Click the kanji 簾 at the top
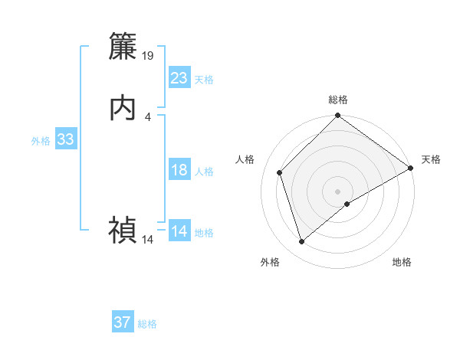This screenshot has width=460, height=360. tap(123, 47)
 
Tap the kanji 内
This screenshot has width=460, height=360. tap(123, 108)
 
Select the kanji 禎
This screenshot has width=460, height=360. tap(123, 230)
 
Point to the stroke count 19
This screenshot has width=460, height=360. tap(148, 56)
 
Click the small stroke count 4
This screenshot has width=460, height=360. tap(147, 116)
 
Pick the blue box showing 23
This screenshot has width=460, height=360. tap(179, 78)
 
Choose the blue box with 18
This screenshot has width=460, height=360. tap(179, 170)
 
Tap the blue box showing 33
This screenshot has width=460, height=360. tap(65, 139)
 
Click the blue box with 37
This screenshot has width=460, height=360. tap(123, 322)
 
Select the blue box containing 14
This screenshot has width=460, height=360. tap(179, 231)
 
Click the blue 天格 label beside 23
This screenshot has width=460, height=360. tap(203, 80)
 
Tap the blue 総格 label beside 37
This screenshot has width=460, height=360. tap(147, 324)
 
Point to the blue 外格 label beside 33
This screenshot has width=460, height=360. tap(41, 141)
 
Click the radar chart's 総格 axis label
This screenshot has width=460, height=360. tap(337, 100)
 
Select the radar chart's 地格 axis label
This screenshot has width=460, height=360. tap(402, 262)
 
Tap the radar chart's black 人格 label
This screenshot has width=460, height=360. tap(245, 159)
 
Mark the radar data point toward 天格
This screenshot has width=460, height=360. tap(410, 168)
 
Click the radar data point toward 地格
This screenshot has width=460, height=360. tap(347, 204)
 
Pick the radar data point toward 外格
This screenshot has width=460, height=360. tap(301, 242)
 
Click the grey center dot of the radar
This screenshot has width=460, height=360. tap(337, 191)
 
